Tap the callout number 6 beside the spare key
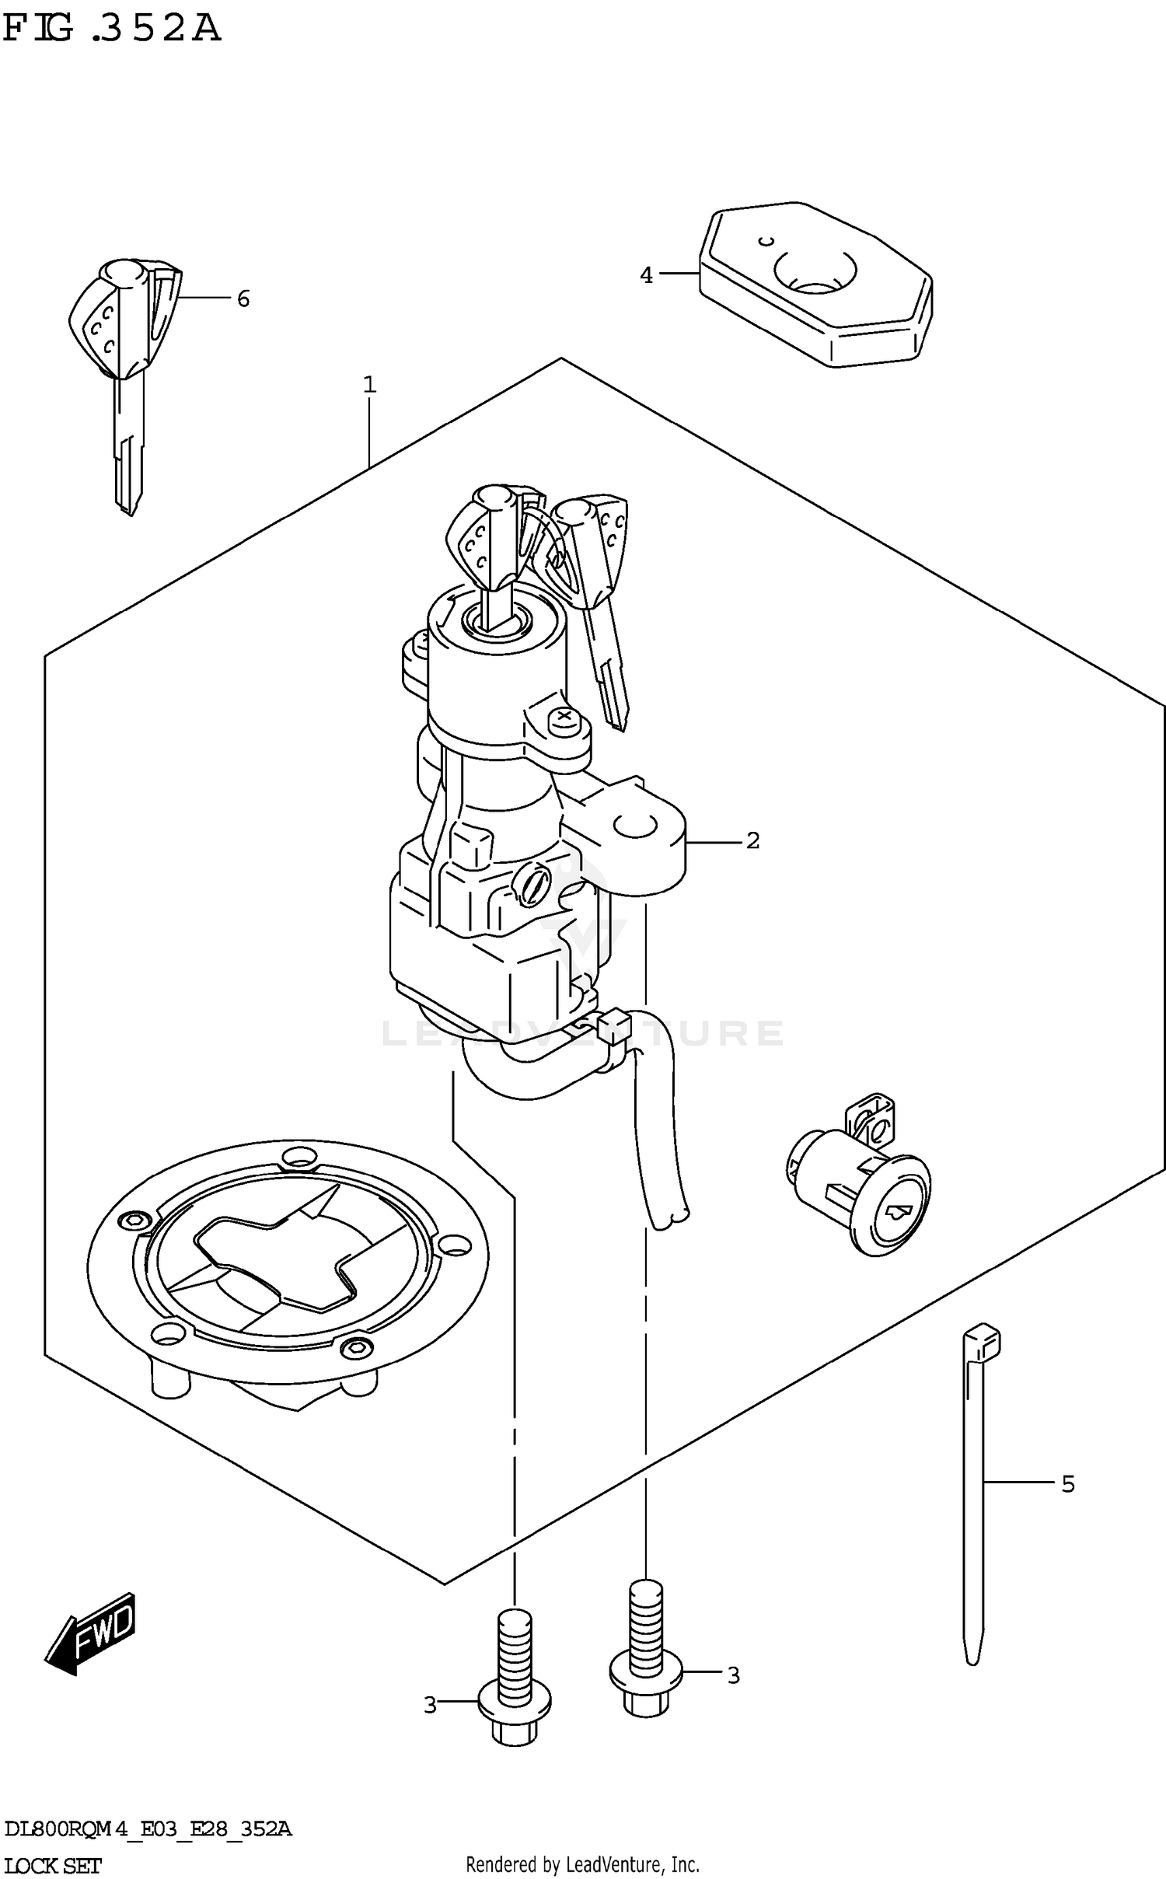pyautogui.click(x=243, y=299)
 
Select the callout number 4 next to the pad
pyautogui.click(x=646, y=274)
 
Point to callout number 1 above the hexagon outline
pyautogui.click(x=370, y=384)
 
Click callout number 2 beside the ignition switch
pyautogui.click(x=752, y=840)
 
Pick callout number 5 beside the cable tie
pyautogui.click(x=1068, y=1484)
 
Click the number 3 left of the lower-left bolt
pyautogui.click(x=431, y=1705)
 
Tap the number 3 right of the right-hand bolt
pyautogui.click(x=733, y=1675)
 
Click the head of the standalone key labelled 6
pyautogui.click(x=124, y=319)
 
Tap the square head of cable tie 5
pyautogui.click(x=981, y=1340)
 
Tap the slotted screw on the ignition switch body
pyautogui.click(x=532, y=886)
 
